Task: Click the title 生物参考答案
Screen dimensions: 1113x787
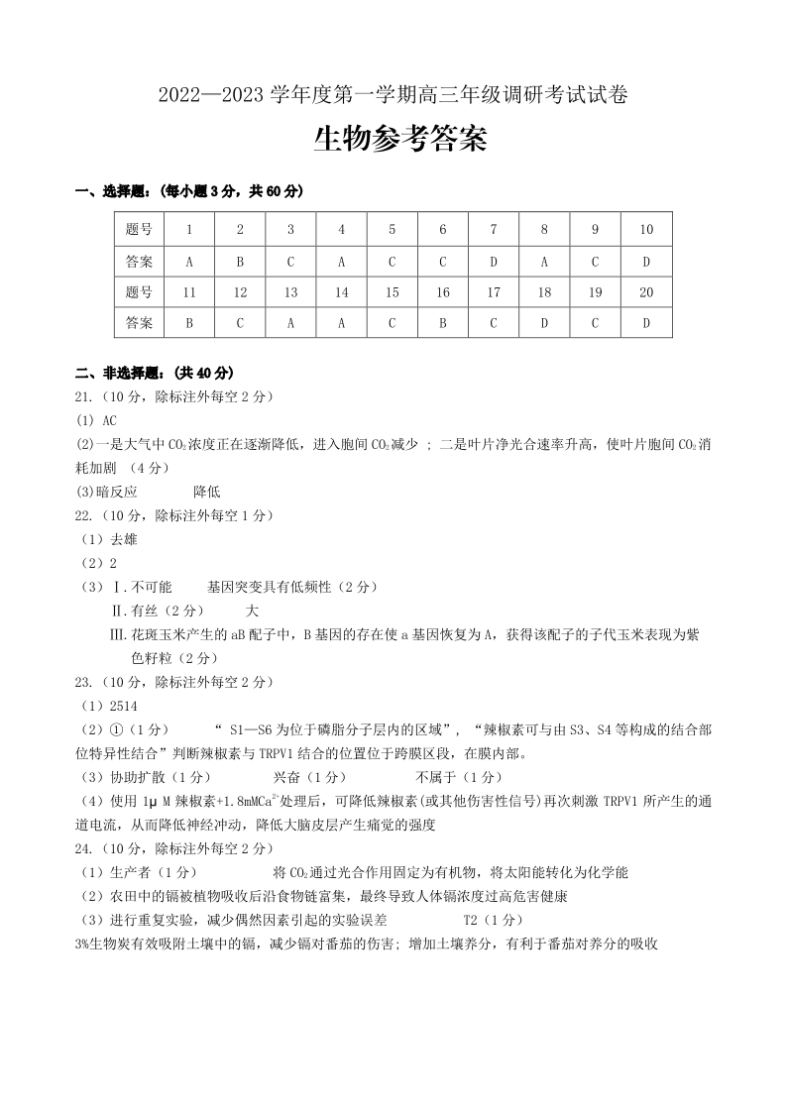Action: (x=400, y=141)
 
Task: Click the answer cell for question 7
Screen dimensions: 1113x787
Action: (x=494, y=262)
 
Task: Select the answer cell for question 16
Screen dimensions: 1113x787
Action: (x=443, y=322)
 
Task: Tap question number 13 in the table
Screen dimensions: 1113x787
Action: (x=290, y=292)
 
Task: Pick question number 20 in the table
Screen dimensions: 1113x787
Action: (x=646, y=292)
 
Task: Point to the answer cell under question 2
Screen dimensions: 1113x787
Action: (x=240, y=262)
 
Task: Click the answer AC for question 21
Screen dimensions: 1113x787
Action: (x=109, y=420)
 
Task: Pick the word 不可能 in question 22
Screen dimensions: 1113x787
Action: (x=152, y=587)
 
